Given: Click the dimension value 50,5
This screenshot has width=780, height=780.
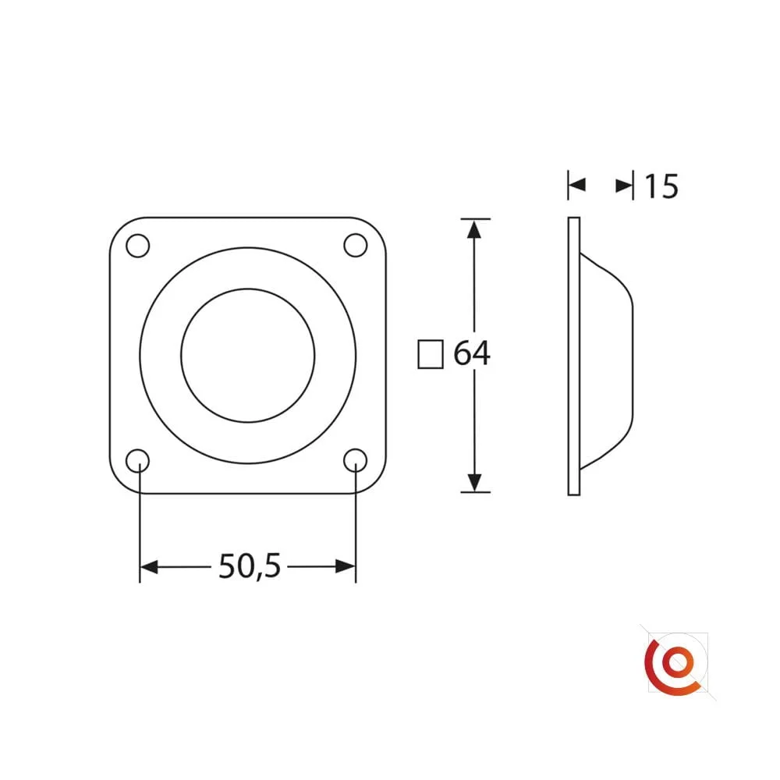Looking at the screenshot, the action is click(x=250, y=566).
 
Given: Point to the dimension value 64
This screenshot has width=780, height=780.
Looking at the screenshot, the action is click(x=472, y=353).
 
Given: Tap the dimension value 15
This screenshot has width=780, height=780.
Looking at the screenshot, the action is click(x=661, y=186).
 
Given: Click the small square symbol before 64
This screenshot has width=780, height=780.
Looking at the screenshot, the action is click(x=431, y=354).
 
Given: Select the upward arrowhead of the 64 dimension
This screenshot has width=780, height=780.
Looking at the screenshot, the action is click(x=474, y=230).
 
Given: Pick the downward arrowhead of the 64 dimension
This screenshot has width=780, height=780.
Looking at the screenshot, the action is click(x=474, y=482).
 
